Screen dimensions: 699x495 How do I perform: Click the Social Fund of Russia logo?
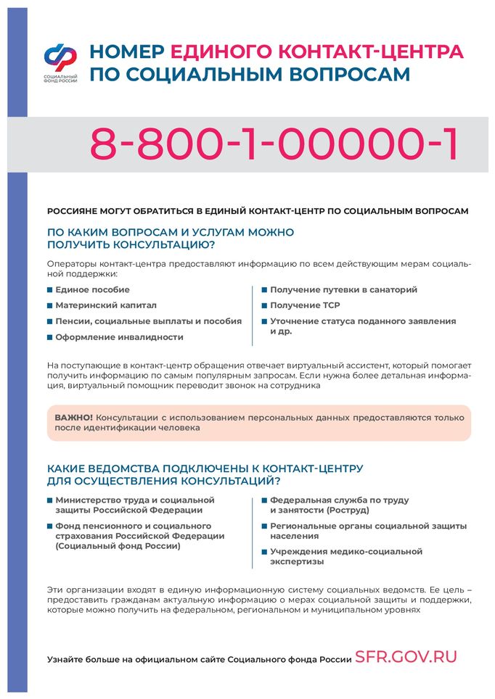coord(60,57)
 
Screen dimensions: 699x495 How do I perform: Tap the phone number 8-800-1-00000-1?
coord(274,144)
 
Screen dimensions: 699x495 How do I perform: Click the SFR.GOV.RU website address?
coord(406,657)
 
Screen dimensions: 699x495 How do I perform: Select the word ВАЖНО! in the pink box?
coord(74,418)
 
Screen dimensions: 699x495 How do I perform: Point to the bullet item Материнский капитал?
coord(105,305)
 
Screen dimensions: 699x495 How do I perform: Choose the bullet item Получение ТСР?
coord(304,305)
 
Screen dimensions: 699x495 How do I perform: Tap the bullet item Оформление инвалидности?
coord(119,336)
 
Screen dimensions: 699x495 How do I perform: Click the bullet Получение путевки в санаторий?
coord(343,289)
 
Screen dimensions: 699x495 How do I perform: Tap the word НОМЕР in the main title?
coord(126,52)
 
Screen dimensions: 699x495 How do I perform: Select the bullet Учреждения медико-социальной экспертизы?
coord(345,556)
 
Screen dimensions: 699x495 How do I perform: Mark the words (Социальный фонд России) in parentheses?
coord(118,546)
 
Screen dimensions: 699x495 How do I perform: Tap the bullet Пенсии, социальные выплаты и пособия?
coord(148,320)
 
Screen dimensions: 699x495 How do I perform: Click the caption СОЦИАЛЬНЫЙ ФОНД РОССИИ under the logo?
coord(60,78)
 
